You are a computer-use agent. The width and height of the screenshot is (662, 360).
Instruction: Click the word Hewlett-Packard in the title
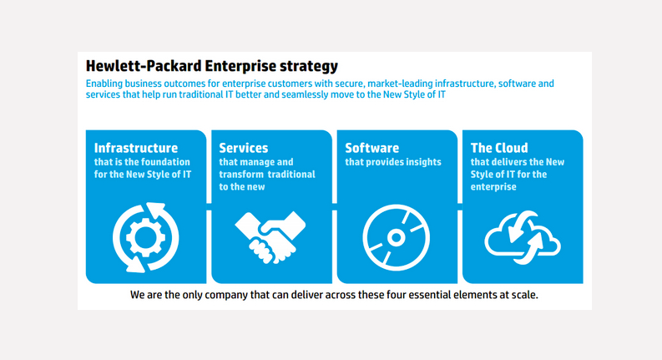point(144,66)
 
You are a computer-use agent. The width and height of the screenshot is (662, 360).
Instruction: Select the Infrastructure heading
point(136,148)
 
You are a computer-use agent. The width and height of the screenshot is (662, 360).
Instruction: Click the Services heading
point(244,148)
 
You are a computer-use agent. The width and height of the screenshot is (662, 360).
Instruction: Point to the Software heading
point(372,148)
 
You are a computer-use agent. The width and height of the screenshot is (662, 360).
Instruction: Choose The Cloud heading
point(499,148)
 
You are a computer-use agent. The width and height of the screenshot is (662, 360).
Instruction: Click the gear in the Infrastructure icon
point(145,237)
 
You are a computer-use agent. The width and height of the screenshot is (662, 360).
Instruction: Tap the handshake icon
point(270,237)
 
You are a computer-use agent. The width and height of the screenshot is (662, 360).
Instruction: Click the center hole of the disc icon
point(396,237)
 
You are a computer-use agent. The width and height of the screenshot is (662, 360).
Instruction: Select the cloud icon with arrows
point(523,238)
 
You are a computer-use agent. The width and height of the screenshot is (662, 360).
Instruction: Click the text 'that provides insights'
point(393,162)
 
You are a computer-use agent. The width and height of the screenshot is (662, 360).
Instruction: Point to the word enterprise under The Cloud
point(493,187)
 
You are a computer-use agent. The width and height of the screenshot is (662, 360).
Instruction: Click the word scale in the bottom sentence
point(525,295)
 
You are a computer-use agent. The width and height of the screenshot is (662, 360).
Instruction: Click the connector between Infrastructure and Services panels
point(209,206)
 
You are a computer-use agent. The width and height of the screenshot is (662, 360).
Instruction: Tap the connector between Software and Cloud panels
point(460,206)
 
